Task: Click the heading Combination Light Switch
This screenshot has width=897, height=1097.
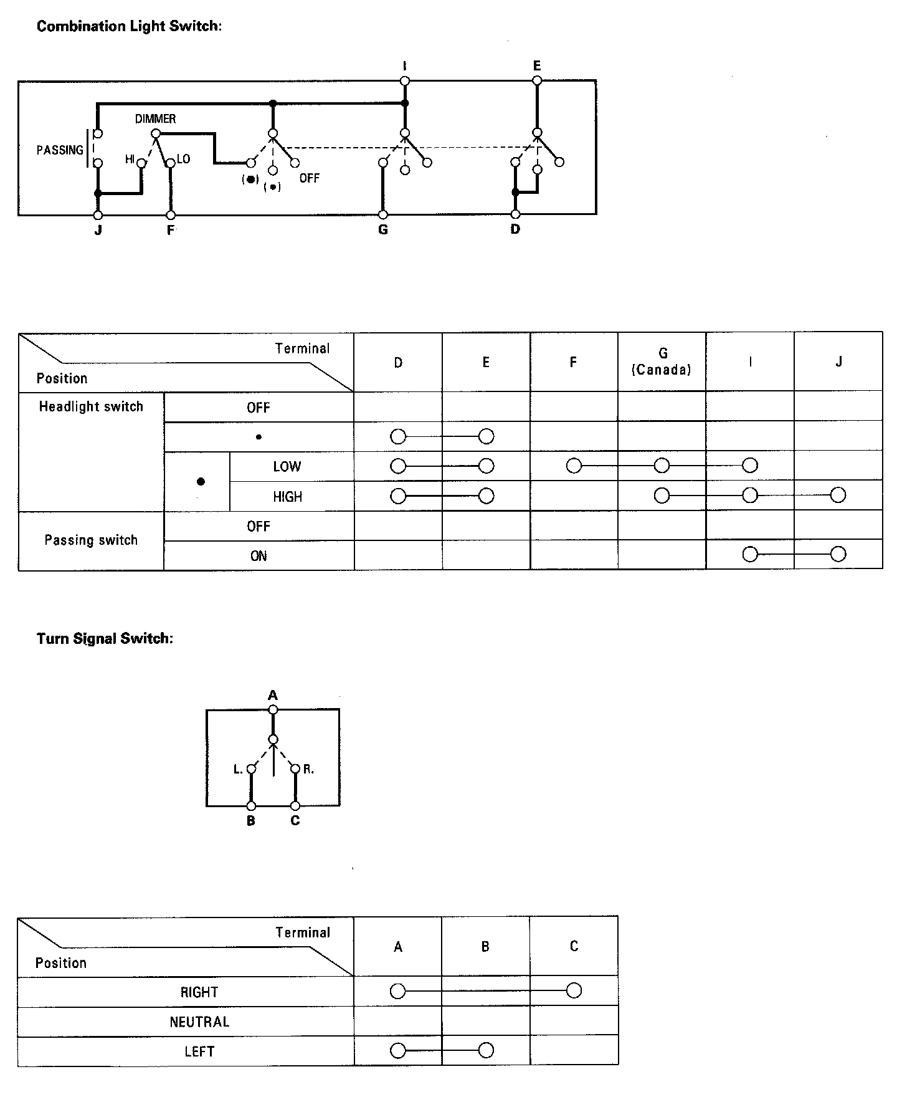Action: [x=129, y=26]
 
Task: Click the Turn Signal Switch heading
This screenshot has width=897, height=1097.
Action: [x=105, y=638]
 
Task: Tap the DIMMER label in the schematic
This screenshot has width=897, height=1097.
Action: [x=155, y=118]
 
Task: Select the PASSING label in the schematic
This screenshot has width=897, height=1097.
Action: [x=60, y=150]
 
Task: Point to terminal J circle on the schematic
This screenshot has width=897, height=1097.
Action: [x=98, y=215]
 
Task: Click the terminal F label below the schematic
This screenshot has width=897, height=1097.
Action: [x=171, y=230]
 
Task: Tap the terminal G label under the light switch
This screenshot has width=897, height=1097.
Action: [x=383, y=230]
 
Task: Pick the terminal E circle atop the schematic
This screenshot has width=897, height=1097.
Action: [x=537, y=80]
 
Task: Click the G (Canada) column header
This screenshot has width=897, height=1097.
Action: [x=662, y=362]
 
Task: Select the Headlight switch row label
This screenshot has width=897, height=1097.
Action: [x=91, y=407]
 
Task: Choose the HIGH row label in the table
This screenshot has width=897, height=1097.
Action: [x=287, y=497]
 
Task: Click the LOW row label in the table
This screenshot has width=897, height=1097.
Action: [x=287, y=466]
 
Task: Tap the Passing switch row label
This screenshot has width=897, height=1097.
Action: [x=91, y=540]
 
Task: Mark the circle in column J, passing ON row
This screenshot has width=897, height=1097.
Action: [x=838, y=554]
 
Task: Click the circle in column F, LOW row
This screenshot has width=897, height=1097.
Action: [x=574, y=466]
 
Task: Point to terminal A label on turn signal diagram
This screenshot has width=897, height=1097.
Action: [x=272, y=695]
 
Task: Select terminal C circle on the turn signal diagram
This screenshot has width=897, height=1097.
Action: [x=295, y=806]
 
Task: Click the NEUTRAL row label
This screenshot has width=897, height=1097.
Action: [x=199, y=1022]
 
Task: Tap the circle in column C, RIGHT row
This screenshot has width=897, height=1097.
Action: [x=574, y=991]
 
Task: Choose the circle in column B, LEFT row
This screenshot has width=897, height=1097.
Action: [x=486, y=1051]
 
